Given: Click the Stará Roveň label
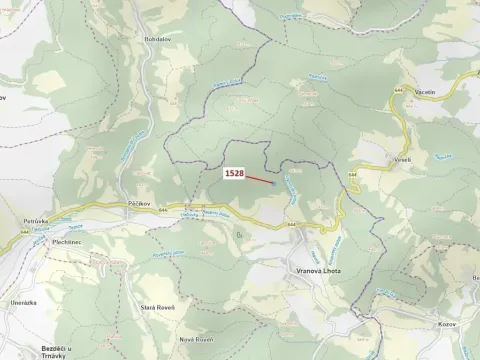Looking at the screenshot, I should click(159, 307).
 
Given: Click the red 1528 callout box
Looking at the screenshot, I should click(235, 173).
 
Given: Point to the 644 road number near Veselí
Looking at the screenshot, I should click(354, 177).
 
